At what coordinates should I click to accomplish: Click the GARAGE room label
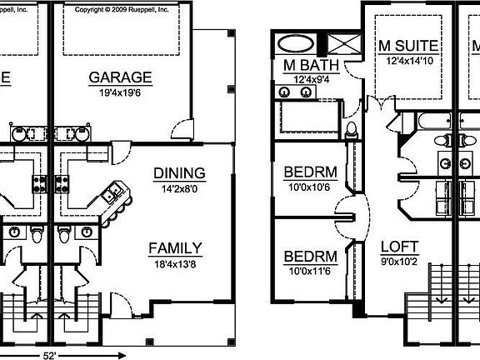coord(121,77)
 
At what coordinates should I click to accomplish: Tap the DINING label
coord(178,173)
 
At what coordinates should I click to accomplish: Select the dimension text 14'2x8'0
coord(178,187)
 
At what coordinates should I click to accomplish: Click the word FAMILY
coord(174,247)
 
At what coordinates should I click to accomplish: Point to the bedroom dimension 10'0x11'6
coord(309,271)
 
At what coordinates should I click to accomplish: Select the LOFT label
coord(399,247)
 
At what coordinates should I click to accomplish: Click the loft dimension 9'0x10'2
coord(399,261)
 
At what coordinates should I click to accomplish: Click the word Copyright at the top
coord(93,10)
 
